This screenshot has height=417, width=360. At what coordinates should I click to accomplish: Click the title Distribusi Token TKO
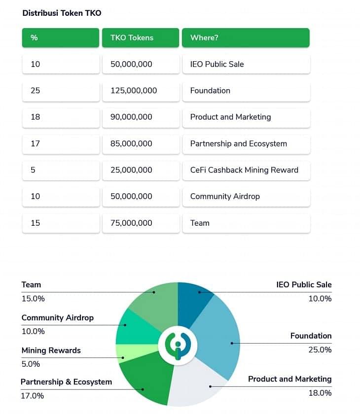62,13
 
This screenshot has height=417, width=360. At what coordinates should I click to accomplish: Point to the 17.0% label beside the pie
33,396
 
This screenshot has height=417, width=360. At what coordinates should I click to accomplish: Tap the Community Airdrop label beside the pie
57,318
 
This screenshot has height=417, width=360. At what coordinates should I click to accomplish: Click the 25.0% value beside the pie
320,350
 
